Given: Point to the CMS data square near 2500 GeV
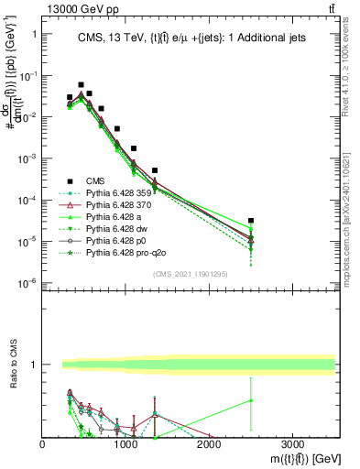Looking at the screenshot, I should click(251, 221).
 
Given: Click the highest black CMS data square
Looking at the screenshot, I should click(81, 84).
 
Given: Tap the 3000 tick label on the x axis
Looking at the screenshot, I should click(292, 444).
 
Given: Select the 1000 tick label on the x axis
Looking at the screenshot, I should click(125, 444).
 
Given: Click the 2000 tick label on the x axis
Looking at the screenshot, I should click(209, 444).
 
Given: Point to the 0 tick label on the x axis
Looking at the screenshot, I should click(43, 444).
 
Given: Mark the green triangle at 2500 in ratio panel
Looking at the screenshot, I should click(251, 400).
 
